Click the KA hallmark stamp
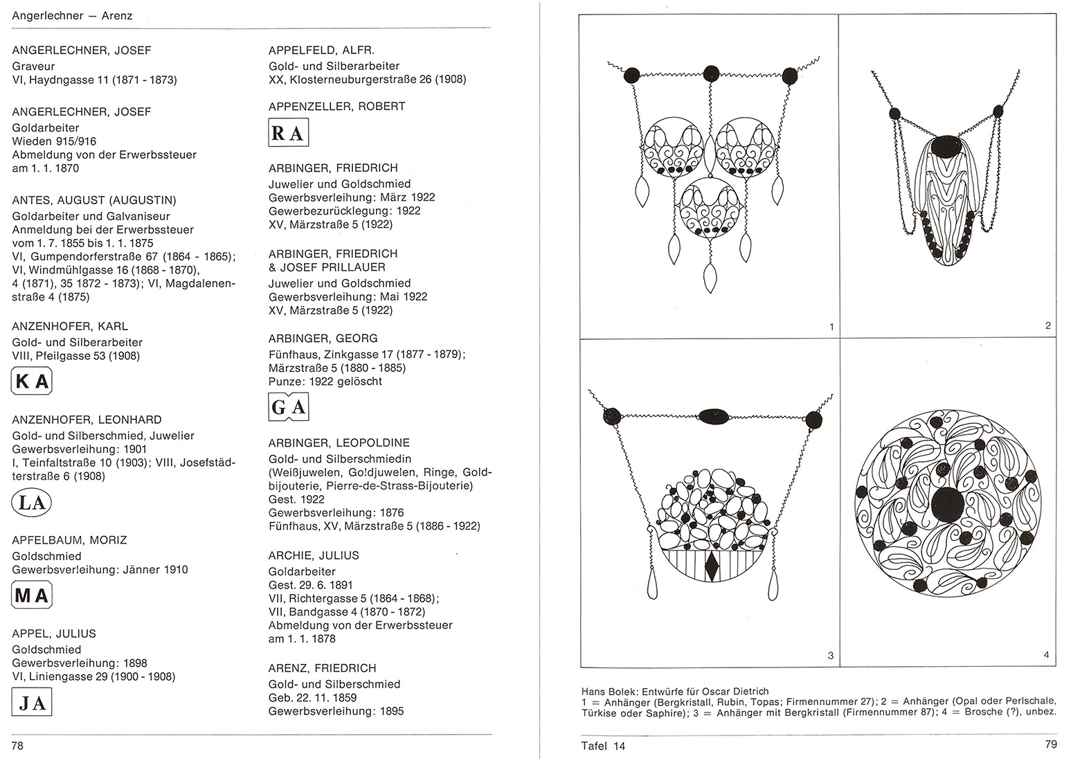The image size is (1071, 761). point(32,382)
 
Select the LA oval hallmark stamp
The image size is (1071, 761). point(32,502)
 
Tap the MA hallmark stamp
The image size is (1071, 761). point(32,595)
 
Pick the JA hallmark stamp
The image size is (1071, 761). point(32,704)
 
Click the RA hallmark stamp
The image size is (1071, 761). point(288,133)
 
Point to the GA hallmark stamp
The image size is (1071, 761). point(288,407)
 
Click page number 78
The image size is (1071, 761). point(18,745)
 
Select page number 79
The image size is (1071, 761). point(1050,745)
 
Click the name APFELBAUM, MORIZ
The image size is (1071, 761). point(69,540)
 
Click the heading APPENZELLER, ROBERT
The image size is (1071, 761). point(337,106)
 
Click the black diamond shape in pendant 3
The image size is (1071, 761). point(712,568)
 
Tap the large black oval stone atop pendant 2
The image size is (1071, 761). point(946,146)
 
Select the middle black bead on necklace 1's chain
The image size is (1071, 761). point(710,74)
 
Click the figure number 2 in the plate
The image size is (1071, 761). point(1047,325)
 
